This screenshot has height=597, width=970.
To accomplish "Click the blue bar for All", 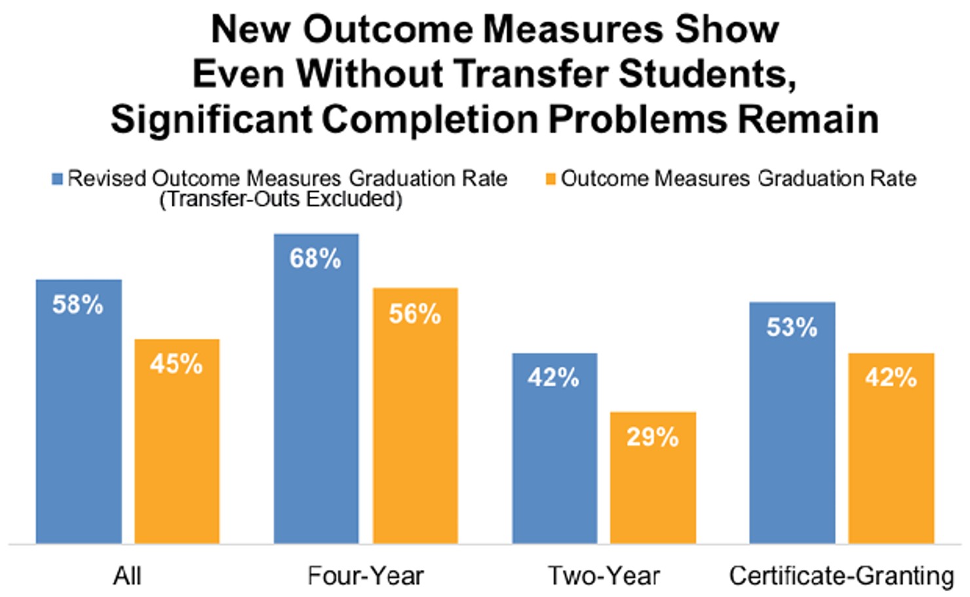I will coord(79,419).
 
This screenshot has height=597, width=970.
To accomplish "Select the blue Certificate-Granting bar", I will coord(792,433).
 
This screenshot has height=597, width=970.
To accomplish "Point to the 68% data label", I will coord(315,259).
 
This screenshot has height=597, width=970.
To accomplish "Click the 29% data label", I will coord(652,437).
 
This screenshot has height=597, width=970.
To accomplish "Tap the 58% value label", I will coord(78,305).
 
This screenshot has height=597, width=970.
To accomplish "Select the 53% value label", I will coord(792,327).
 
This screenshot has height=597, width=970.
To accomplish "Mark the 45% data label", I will coord(176,364).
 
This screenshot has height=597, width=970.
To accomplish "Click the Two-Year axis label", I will coord(604,576).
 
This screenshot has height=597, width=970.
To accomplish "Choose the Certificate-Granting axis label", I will coord(842,576).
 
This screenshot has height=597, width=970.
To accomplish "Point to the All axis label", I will coord(127,576).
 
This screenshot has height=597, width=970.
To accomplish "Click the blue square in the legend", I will coord(58,179).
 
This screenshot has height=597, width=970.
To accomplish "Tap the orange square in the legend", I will coord(551,179).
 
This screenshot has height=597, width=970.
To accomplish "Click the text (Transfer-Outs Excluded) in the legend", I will coord(281,199).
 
